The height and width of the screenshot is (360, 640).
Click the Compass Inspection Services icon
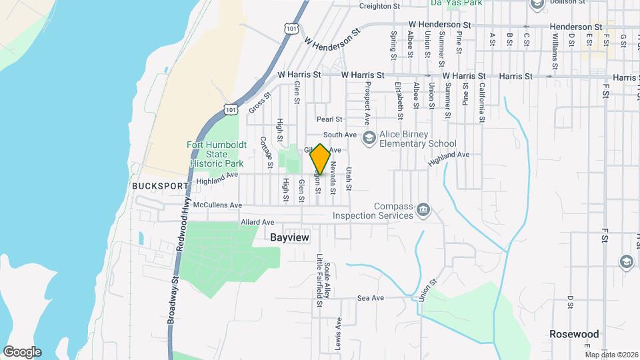click(x=423, y=211)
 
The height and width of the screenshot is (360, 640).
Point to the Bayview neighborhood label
click(x=291, y=237)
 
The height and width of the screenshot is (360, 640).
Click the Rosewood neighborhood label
click(x=574, y=333)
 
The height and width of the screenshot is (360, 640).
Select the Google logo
click(x=21, y=351)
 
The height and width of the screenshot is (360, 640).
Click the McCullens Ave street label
click(x=217, y=205)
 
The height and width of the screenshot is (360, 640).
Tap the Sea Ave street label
click(x=371, y=298)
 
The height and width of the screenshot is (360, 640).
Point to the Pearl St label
click(x=329, y=119)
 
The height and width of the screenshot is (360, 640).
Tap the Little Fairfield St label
click(x=320, y=280)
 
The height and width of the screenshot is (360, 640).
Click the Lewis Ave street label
click(x=339, y=329)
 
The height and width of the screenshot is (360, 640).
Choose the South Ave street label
click(x=345, y=135)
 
